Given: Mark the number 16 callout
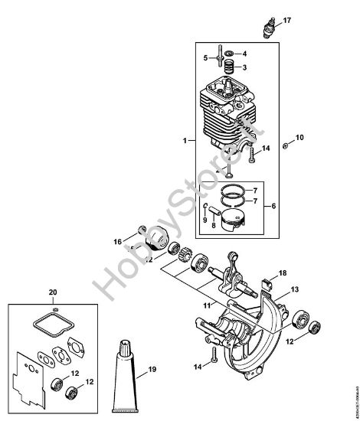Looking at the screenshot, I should coord(117,241).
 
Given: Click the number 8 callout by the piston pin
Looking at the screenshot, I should coord(214,227).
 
